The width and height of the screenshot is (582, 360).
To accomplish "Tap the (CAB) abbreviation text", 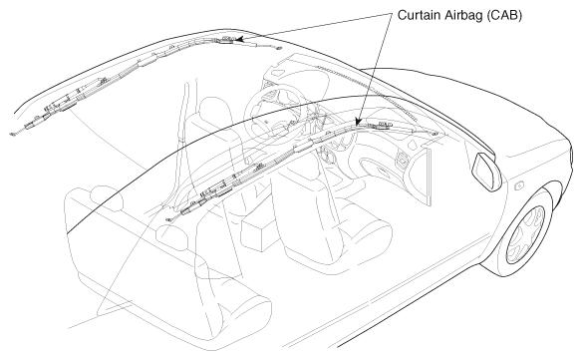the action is (x=504, y=16).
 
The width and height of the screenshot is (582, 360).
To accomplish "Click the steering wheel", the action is (x=275, y=112).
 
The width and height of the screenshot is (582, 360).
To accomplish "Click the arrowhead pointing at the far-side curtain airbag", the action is (x=238, y=39).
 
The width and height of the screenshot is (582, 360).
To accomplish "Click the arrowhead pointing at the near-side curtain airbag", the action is (x=358, y=122).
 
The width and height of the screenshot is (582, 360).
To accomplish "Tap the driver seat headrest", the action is (x=213, y=108).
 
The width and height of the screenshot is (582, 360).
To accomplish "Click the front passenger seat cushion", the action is (x=357, y=237).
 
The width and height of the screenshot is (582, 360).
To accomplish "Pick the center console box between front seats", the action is (x=260, y=230).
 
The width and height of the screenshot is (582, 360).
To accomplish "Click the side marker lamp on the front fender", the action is (x=519, y=184).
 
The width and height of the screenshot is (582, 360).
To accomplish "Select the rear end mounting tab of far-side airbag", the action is (x=13, y=134).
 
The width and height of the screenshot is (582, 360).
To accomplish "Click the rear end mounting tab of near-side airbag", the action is (x=168, y=219).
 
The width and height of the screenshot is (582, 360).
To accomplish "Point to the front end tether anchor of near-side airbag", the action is (x=436, y=133).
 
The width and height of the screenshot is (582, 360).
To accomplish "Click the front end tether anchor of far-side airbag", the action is (x=278, y=48).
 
